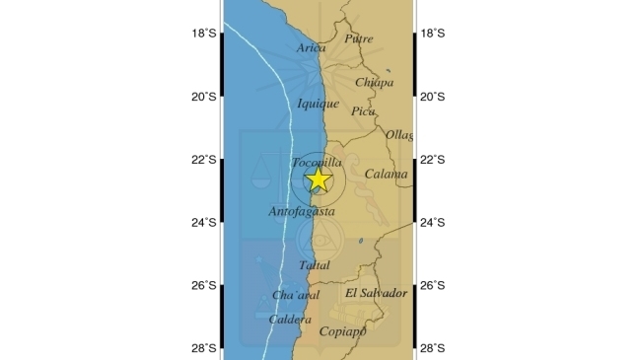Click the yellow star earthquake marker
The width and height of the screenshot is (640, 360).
(318, 180)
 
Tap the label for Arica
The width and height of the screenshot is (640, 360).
(312, 47)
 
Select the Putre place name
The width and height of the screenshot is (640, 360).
(359, 38)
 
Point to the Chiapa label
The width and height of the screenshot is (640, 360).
(374, 82)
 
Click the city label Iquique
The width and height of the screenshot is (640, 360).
(318, 103)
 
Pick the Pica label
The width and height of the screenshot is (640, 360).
(363, 111)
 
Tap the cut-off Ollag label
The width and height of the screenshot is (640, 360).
(399, 134)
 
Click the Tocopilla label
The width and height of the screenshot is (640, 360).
(318, 162)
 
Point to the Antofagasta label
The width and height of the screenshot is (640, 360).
(302, 211)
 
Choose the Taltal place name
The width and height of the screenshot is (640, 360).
(314, 265)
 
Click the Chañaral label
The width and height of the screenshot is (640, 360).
(296, 295)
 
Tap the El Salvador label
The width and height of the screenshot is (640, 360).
(376, 293)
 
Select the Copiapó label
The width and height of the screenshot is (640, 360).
(343, 331)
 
